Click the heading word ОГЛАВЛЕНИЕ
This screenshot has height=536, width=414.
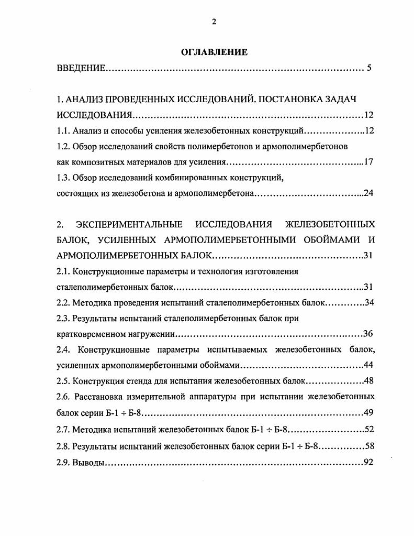tap(214, 52)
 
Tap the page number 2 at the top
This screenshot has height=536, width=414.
tap(214, 21)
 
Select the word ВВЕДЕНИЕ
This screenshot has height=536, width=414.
tap(81, 68)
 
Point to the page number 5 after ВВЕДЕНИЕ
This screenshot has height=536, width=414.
tap(369, 68)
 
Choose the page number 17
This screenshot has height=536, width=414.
tap(368, 162)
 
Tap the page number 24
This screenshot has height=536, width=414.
tap(368, 193)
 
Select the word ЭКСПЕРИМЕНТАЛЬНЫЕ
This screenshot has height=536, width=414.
tap(130, 225)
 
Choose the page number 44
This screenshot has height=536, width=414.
tap(368, 365)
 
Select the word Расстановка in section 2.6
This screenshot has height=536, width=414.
tap(98, 397)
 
